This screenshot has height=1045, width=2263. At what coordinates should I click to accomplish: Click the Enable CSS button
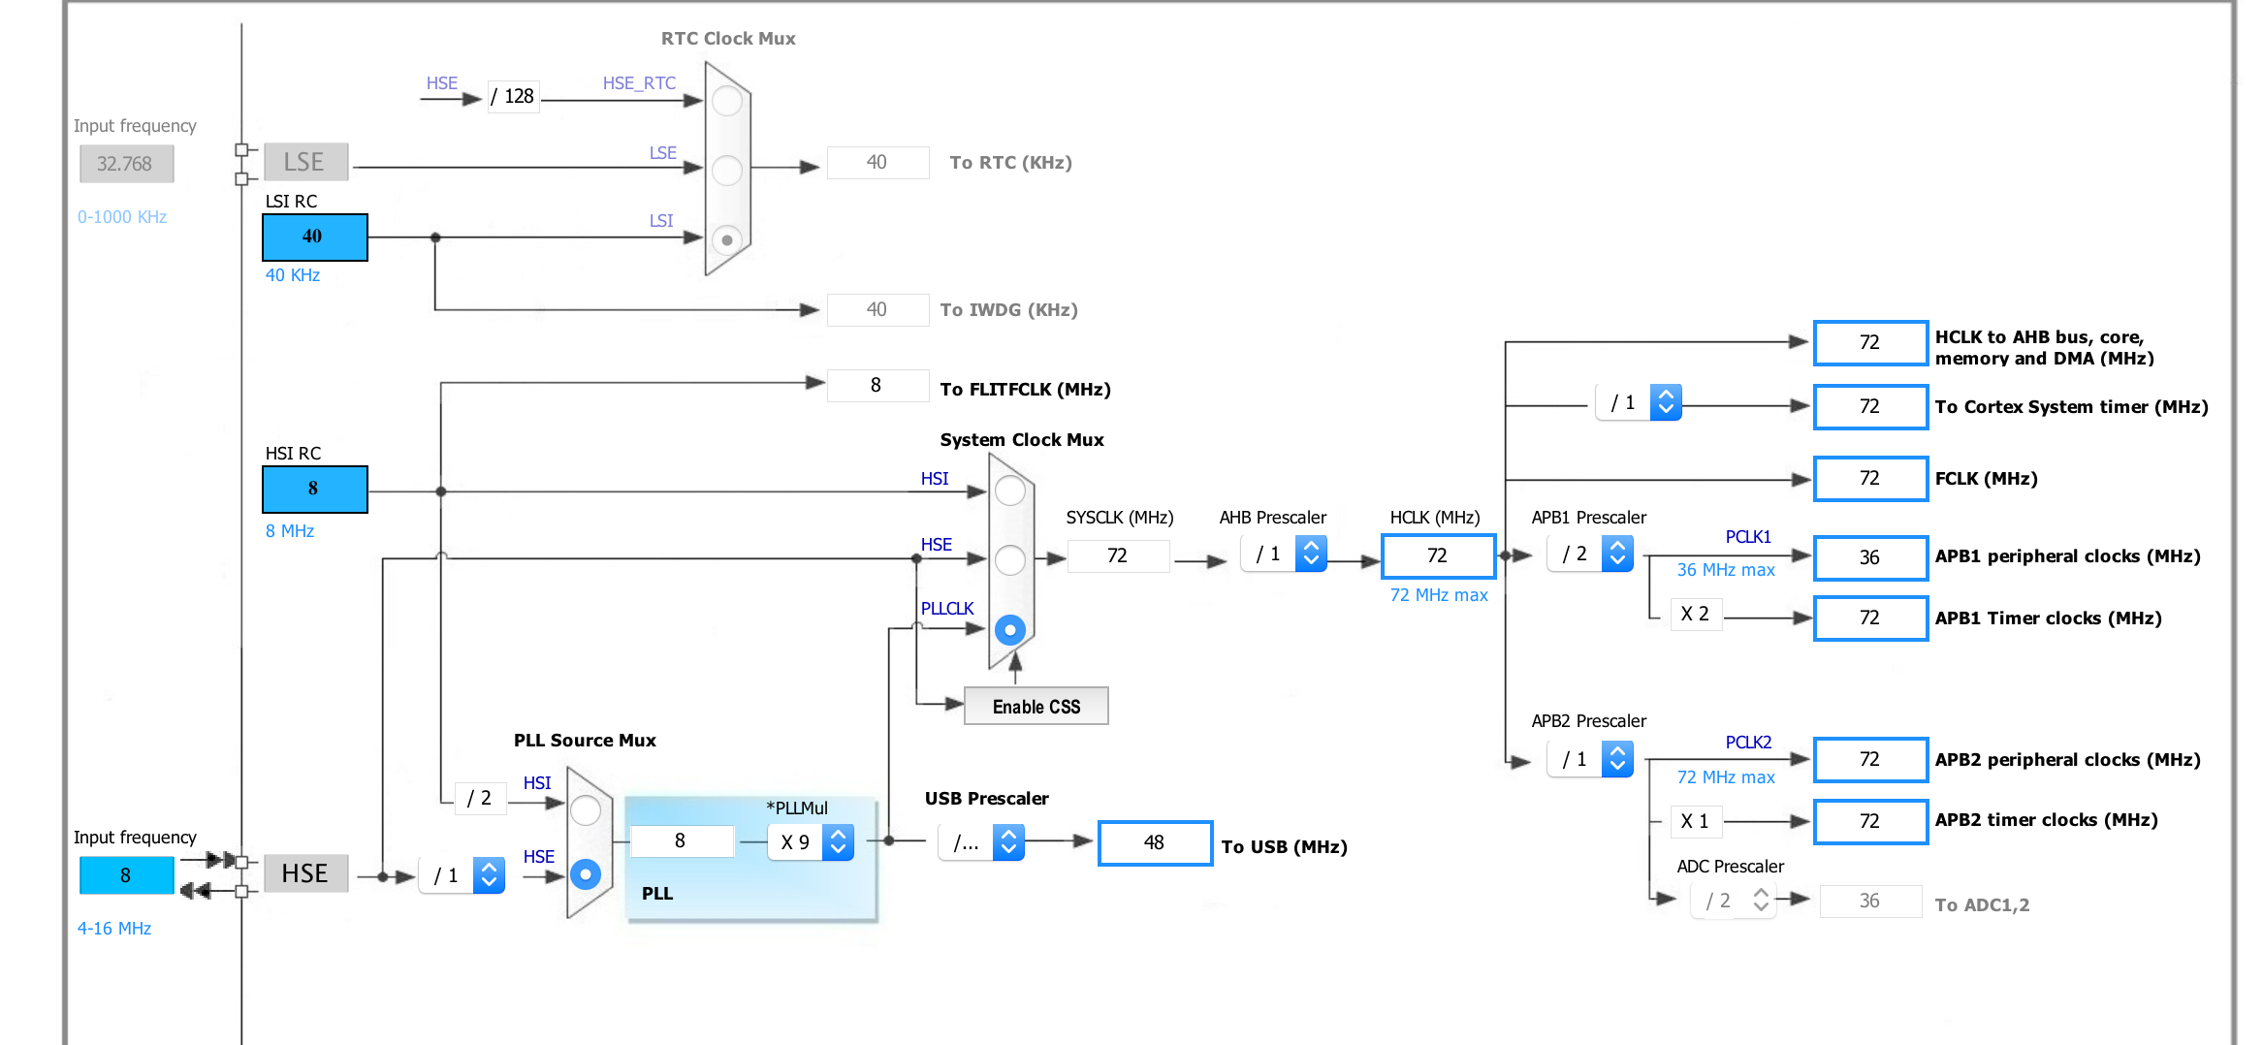pos(1036,707)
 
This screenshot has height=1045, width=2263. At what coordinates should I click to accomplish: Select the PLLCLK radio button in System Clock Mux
pos(1010,630)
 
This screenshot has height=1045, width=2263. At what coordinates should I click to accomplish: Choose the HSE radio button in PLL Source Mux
pos(586,874)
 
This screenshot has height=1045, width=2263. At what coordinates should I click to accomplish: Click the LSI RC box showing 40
pos(314,237)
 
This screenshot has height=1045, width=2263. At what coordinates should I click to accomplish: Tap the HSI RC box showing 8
pos(314,489)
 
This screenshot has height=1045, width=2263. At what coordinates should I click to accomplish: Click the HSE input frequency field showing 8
pos(126,875)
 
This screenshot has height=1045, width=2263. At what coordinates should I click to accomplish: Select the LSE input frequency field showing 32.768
pos(126,164)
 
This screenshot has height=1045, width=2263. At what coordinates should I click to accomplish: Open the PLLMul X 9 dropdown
pos(811,842)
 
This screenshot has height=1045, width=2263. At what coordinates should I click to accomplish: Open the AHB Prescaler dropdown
pos(1284,554)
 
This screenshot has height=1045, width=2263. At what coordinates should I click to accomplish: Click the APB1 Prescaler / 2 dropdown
pos(1590,554)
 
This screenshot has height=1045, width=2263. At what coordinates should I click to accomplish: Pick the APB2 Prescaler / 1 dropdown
pos(1590,759)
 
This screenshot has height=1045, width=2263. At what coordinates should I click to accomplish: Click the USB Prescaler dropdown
pos(981,842)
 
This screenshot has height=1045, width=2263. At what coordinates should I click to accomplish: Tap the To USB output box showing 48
pos(1155,842)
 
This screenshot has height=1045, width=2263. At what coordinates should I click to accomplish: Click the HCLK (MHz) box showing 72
pos(1438,555)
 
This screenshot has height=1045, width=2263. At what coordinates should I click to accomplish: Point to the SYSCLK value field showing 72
pos(1118,555)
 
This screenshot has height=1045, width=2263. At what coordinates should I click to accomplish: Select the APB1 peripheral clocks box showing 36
pos(1870,557)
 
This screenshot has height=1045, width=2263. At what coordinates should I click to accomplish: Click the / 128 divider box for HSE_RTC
pos(513,96)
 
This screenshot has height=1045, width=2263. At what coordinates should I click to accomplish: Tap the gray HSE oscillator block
pos(305,873)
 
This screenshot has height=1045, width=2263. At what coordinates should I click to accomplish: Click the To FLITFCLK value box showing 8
pos(877,385)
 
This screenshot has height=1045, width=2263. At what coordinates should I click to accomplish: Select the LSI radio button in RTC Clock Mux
pos(727,239)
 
